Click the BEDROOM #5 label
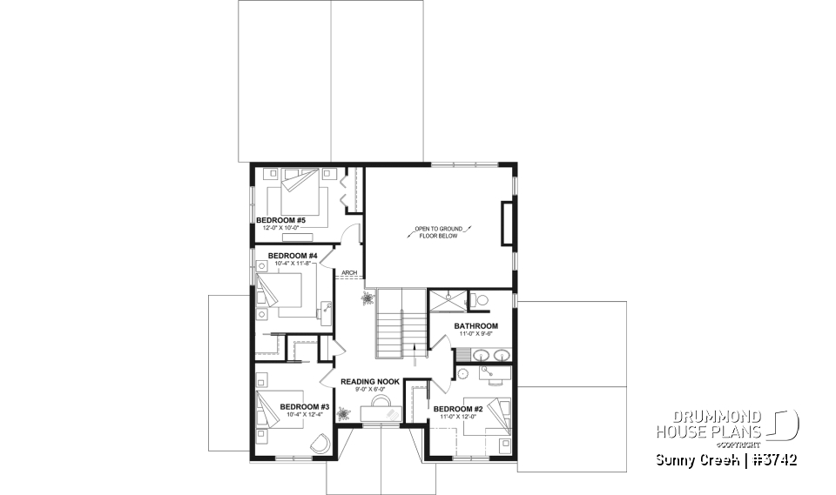(280, 220)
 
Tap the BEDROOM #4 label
(280, 255)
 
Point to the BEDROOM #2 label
(458, 409)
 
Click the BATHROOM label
(475, 326)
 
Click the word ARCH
(350, 272)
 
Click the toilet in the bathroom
(480, 301)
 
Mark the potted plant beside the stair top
(368, 298)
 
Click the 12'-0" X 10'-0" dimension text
(280, 228)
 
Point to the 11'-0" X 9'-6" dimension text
(475, 334)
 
